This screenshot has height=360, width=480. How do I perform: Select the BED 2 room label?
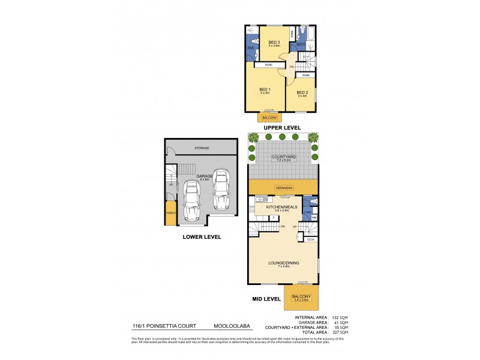click(x=302, y=92)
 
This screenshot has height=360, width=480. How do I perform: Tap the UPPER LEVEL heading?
click(x=282, y=128)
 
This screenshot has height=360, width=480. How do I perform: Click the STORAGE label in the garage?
click(x=202, y=148)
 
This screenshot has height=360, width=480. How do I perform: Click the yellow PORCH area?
click(x=170, y=213)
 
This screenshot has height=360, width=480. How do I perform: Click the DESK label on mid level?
click(x=310, y=239)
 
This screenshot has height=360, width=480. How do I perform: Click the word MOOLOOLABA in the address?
click(x=232, y=326)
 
